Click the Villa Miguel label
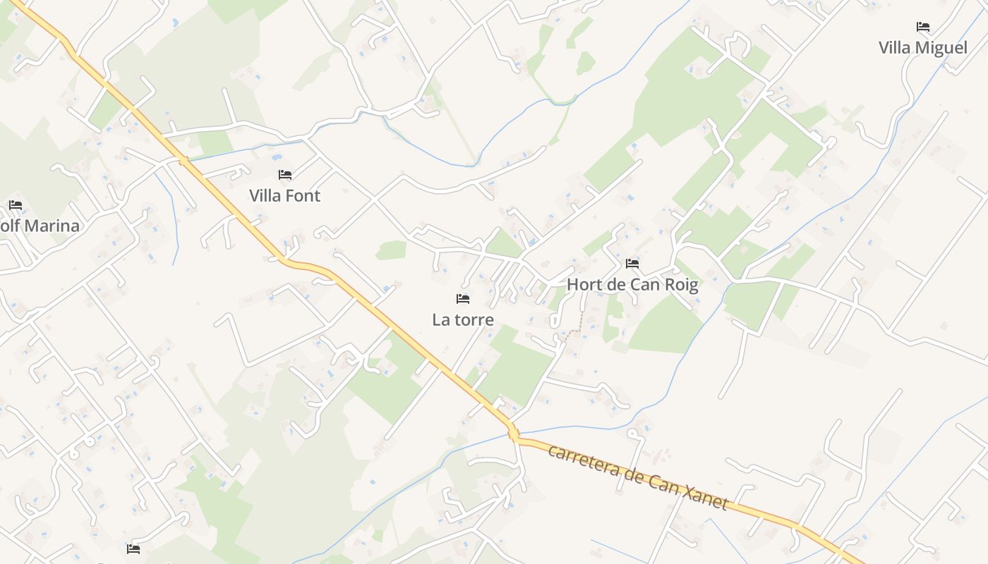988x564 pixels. (x=922, y=48)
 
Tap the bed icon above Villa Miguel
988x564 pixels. (x=922, y=27)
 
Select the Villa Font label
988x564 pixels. (x=284, y=196)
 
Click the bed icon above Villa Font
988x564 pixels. (x=284, y=174)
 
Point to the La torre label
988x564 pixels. (x=462, y=320)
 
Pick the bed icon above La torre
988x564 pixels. (x=462, y=299)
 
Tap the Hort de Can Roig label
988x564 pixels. (x=632, y=285)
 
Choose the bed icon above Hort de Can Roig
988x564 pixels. (x=632, y=264)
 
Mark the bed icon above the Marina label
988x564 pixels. (x=16, y=205)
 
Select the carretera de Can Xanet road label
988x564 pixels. (x=637, y=477)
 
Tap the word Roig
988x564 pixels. (x=681, y=285)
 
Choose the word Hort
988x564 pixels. (x=584, y=285)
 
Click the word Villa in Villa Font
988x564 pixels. (x=265, y=196)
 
